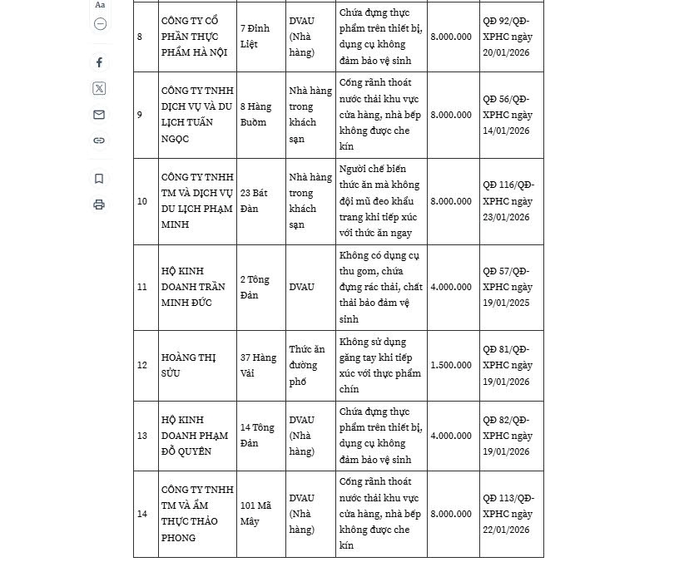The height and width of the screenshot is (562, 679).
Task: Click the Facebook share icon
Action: (x=99, y=62)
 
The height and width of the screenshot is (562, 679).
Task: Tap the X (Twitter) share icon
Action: (x=99, y=88)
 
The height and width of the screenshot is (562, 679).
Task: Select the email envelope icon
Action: (x=99, y=115)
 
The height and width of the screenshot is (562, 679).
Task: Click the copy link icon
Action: (x=99, y=140)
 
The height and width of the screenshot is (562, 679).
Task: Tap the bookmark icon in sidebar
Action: (x=99, y=179)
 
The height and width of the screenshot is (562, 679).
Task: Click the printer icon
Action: (x=99, y=205)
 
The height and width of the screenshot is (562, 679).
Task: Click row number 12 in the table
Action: (x=142, y=366)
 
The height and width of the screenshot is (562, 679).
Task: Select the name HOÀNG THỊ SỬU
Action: (x=189, y=365)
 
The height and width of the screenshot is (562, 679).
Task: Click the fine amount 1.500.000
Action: (x=451, y=366)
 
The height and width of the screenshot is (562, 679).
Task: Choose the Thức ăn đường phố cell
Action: (x=307, y=366)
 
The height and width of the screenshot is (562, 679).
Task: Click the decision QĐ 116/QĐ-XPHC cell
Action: (x=508, y=201)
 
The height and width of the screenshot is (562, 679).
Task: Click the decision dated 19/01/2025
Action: (x=508, y=287)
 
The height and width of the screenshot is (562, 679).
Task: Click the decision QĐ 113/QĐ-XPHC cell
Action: (x=508, y=514)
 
